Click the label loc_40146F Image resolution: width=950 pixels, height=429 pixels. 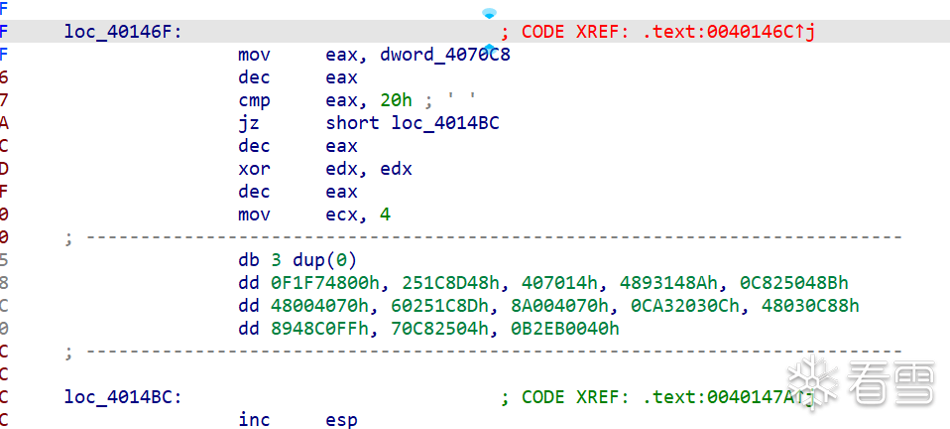(123, 32)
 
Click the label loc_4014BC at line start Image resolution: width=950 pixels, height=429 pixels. (123, 397)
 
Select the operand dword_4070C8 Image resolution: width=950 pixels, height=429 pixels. (445, 55)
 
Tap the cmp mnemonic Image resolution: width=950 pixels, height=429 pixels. (255, 100)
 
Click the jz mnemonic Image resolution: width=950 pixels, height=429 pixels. (249, 123)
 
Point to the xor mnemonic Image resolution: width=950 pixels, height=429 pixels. (255, 169)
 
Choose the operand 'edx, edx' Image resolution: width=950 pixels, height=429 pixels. (369, 169)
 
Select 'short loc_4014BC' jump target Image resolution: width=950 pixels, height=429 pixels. (413, 123)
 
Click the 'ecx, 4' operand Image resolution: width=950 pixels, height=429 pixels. (358, 214)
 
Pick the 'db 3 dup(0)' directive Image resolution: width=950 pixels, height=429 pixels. (298, 260)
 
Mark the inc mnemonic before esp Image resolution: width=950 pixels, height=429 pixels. (255, 419)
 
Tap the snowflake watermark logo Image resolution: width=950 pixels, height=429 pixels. (812, 382)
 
